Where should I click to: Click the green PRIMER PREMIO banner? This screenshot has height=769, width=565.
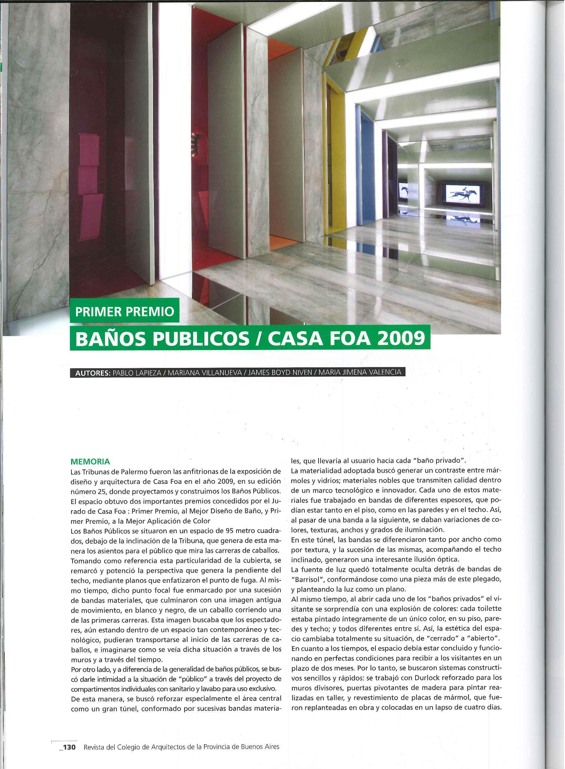pyautogui.click(x=124, y=311)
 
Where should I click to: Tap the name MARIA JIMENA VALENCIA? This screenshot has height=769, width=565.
pyautogui.click(x=360, y=372)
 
